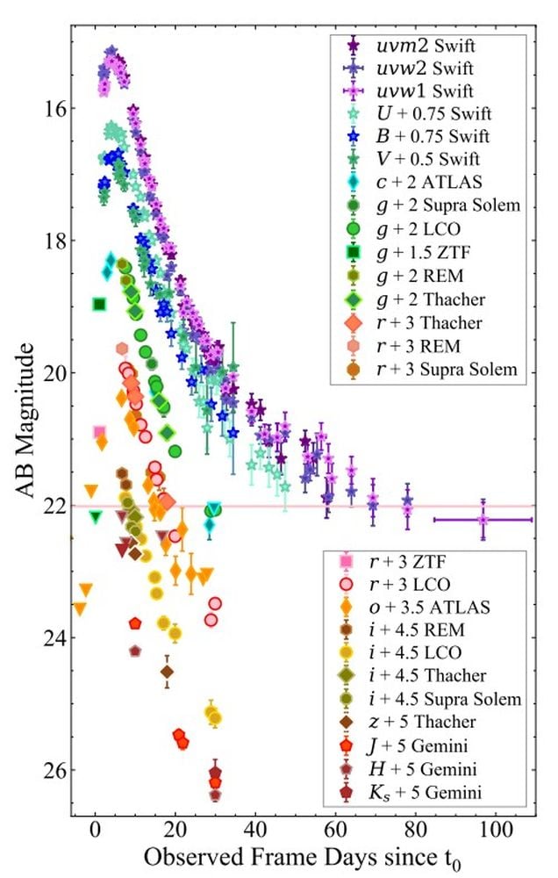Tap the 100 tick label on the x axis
[496, 831]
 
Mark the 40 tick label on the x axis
[255, 831]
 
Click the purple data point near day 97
[483, 520]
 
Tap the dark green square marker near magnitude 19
[99, 305]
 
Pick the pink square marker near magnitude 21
[99, 432]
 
